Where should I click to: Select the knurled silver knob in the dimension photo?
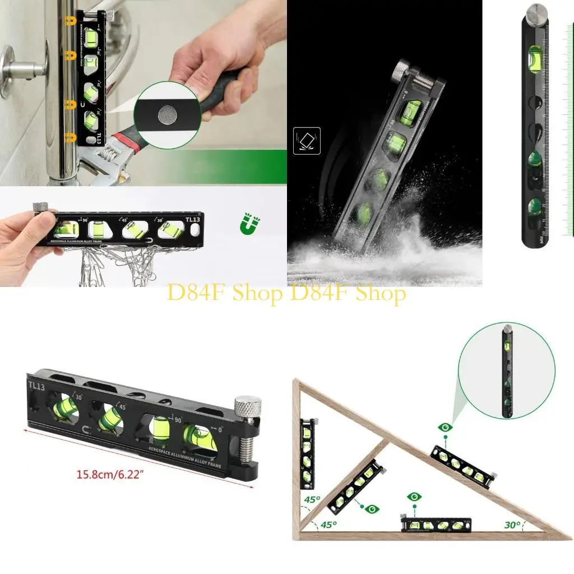(x=248, y=406)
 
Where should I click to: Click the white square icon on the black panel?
(x=307, y=140)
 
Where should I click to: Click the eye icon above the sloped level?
(x=446, y=428)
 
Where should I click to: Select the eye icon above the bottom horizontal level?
(x=414, y=497)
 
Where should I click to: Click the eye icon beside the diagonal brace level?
(x=372, y=508)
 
